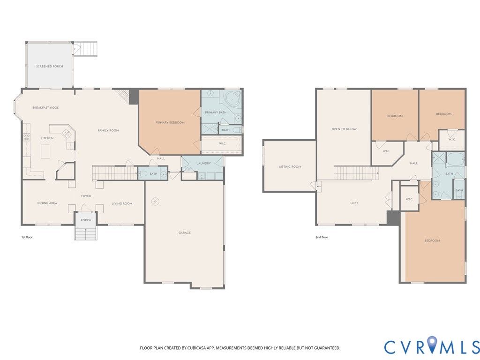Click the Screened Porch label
click(x=50, y=67)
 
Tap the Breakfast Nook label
click(x=46, y=108)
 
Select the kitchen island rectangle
click(x=45, y=151)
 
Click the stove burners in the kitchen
click(x=27, y=137)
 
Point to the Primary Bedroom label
click(x=170, y=122)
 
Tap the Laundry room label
click(x=203, y=164)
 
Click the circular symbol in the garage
click(x=156, y=201)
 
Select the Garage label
click(x=185, y=232)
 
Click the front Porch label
click(x=86, y=220)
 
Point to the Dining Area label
click(x=47, y=203)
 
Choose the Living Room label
click(x=122, y=203)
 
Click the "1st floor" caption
click(x=27, y=237)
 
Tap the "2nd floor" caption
click(x=322, y=237)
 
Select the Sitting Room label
click(x=290, y=167)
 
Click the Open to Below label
click(x=344, y=129)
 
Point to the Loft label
click(x=354, y=203)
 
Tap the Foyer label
click(x=86, y=196)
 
